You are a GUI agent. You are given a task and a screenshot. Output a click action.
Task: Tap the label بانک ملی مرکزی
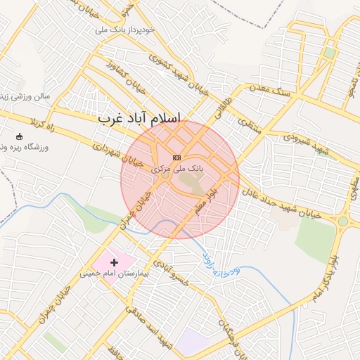pos(177,169)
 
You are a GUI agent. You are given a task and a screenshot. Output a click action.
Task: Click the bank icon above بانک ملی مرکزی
pos(176,158)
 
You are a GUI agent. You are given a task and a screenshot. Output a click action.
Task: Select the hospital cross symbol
pos(115,262)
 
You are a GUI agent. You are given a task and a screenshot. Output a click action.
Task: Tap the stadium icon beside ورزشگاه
pos(19,136)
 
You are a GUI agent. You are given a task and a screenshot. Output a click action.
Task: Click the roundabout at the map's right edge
pos(343,221)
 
